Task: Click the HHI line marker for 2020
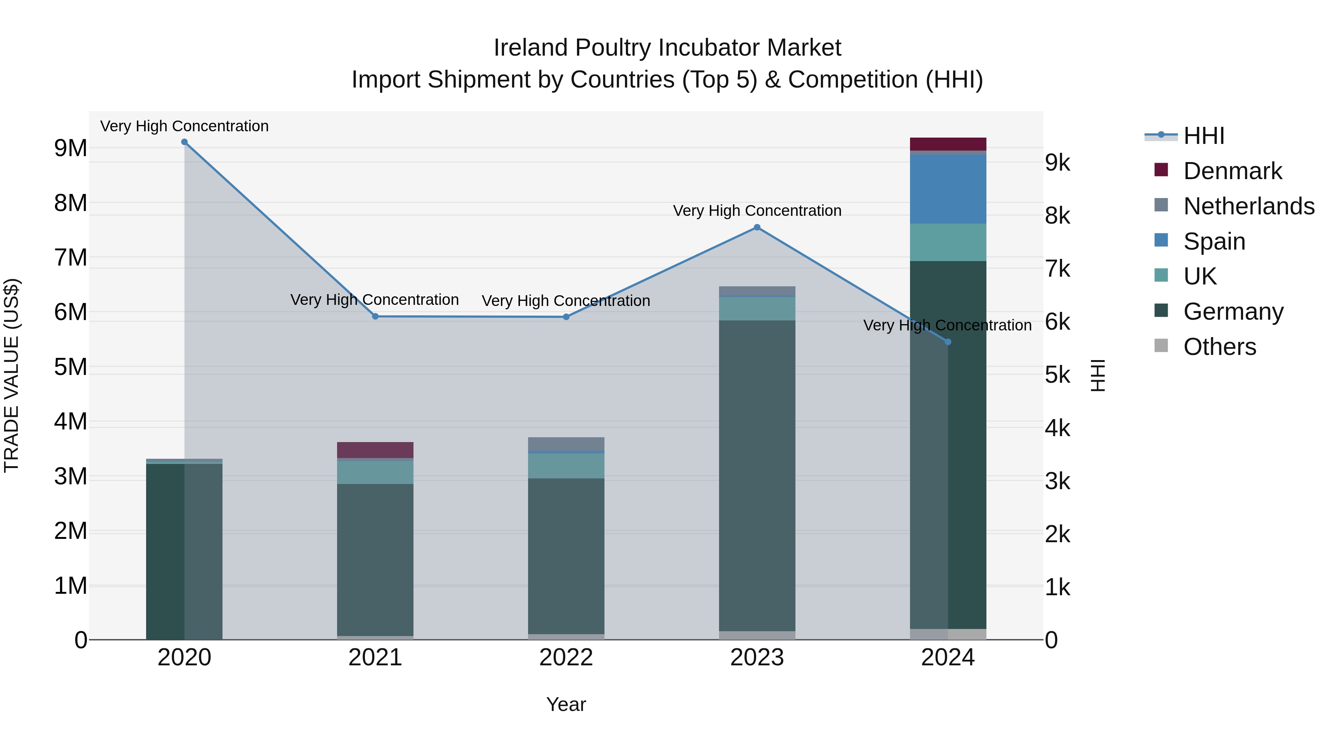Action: (x=185, y=142)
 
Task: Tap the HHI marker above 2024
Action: (x=948, y=342)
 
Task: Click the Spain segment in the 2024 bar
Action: (x=948, y=189)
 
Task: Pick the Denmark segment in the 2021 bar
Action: (x=375, y=450)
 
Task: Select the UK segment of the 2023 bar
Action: (x=756, y=309)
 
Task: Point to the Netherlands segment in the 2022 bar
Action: (x=566, y=444)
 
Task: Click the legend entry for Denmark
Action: (x=1232, y=171)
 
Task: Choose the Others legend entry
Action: (x=1219, y=347)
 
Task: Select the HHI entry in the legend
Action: (x=1203, y=136)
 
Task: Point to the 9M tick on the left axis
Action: (x=70, y=148)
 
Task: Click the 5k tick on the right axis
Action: (x=1057, y=375)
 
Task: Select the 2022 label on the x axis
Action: (x=566, y=658)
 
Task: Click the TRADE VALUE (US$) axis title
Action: (x=11, y=375)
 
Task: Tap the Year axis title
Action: (x=566, y=704)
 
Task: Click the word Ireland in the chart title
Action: (x=530, y=48)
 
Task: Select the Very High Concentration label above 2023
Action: (x=756, y=211)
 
